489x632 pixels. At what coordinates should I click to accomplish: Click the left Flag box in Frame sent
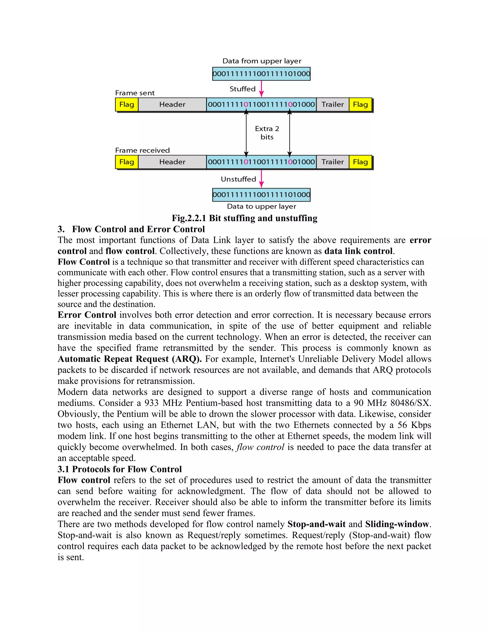point(127,104)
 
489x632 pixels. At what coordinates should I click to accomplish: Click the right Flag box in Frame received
point(360,162)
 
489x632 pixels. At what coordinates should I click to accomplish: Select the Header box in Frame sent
point(172,104)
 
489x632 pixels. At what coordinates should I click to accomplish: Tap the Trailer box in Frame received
point(332,162)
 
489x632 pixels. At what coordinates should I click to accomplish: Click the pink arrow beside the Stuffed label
point(261,89)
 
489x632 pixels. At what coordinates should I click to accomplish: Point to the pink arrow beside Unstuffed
point(261,179)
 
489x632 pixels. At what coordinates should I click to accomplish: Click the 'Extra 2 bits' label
point(267,133)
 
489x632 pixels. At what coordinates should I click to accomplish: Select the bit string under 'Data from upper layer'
point(261,74)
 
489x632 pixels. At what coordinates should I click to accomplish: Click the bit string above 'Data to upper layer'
point(261,194)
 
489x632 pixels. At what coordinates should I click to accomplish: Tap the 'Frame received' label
point(142,150)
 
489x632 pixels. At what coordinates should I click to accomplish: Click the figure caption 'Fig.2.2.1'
point(189,218)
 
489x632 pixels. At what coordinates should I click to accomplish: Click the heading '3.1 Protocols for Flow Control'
point(119,469)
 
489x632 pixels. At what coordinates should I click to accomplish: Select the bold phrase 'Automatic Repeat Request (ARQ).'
point(129,359)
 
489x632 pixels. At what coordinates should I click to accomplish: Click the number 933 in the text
point(152,403)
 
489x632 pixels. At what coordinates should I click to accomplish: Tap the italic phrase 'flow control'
point(260,447)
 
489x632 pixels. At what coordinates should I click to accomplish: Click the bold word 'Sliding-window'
point(397,524)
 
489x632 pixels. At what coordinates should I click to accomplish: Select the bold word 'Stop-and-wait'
point(316,524)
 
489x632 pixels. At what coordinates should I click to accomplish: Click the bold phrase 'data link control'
point(358,251)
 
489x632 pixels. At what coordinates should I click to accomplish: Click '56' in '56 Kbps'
point(402,425)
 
